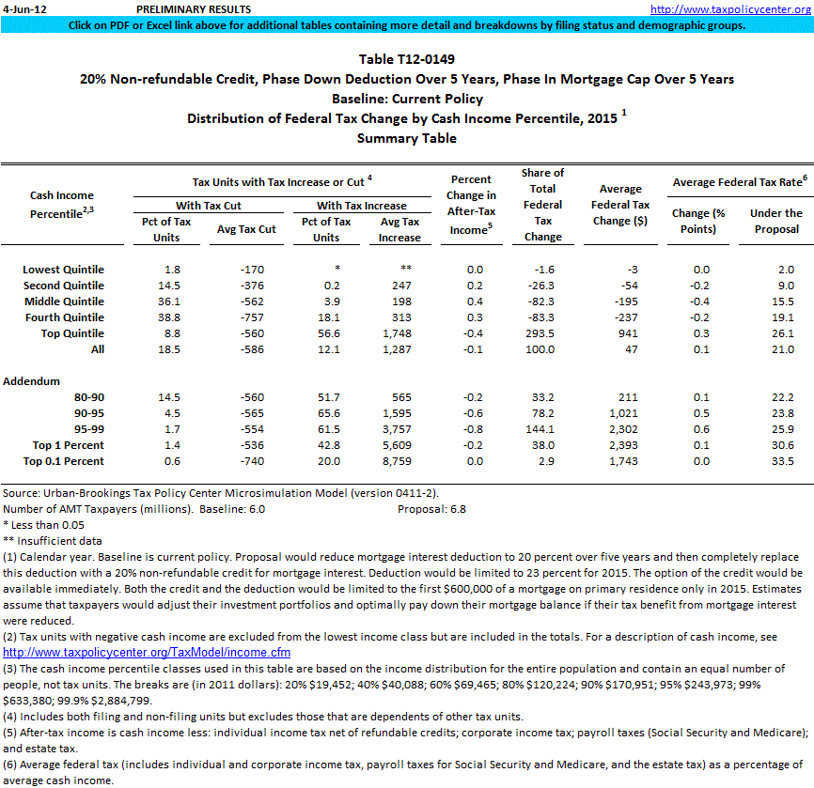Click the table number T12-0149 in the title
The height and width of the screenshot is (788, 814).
click(x=407, y=60)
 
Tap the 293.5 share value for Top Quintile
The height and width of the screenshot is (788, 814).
click(x=542, y=333)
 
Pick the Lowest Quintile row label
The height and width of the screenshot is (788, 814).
click(x=64, y=270)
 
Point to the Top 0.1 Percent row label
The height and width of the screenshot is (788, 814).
click(x=68, y=461)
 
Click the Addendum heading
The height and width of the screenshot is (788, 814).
click(x=32, y=381)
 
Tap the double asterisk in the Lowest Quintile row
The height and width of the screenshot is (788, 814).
click(x=407, y=270)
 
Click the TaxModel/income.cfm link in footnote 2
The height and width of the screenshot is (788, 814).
click(x=147, y=652)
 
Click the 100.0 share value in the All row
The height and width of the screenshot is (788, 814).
click(x=542, y=349)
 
